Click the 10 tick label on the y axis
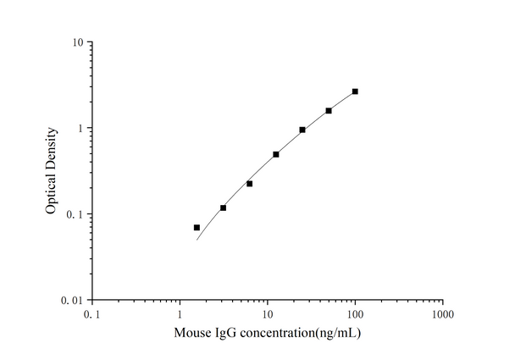(x=75, y=42)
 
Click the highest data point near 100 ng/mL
(x=355, y=91)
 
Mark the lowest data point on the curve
(x=197, y=227)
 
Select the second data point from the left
(x=223, y=208)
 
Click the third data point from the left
(x=249, y=184)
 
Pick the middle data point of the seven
(x=276, y=154)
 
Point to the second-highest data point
(x=329, y=110)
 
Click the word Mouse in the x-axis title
(x=191, y=333)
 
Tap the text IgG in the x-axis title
(x=224, y=333)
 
